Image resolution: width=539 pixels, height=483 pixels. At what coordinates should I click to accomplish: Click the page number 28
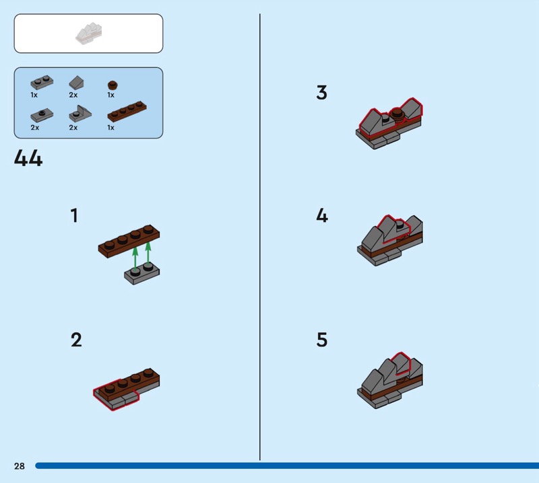point(20,466)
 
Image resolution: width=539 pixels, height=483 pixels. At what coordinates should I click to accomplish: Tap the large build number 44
point(28,158)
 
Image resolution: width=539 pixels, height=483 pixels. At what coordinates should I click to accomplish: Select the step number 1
point(74,215)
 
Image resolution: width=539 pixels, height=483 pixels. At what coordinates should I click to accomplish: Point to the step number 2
point(76,340)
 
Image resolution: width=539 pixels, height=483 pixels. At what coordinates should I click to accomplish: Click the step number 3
point(322,92)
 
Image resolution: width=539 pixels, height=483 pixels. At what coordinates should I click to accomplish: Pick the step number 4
point(322,215)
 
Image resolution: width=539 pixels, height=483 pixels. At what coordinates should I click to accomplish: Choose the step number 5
point(322,340)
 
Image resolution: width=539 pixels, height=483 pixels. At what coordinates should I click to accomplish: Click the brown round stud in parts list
point(113,85)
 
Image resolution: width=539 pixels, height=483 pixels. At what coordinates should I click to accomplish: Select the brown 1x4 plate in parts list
point(127,111)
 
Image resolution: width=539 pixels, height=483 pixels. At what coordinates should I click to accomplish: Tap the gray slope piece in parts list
point(76,83)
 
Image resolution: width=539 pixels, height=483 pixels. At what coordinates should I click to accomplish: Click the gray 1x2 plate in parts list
point(42,82)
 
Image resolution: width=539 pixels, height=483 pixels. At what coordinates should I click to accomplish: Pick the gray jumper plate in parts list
point(42,115)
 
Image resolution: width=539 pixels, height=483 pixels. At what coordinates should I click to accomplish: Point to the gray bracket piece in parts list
point(80,114)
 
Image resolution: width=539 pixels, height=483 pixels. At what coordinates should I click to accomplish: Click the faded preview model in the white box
point(89,34)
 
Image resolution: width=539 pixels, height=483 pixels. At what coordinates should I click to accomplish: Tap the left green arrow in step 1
point(135,258)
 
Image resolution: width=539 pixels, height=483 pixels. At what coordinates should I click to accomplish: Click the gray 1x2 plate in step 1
point(141,274)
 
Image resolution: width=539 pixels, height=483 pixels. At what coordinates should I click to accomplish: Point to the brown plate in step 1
point(129,241)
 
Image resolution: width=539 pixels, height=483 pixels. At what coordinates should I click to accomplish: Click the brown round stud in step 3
point(397,114)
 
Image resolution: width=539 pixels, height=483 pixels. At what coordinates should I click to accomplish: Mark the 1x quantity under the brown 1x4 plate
point(110,127)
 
